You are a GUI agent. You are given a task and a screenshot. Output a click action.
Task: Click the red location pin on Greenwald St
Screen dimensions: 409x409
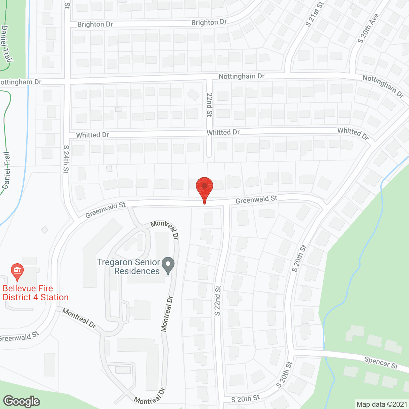click(x=204, y=187)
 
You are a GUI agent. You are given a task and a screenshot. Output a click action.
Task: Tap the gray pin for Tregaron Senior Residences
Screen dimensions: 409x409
click(x=168, y=265)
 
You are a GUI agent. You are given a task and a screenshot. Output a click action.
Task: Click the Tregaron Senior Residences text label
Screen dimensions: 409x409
click(x=128, y=266)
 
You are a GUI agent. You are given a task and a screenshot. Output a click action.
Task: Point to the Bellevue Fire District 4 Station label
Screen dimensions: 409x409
click(x=35, y=293)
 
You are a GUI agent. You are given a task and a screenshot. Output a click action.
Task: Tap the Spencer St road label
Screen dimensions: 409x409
click(x=381, y=363)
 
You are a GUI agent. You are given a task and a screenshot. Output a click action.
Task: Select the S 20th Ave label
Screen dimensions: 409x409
click(x=368, y=28)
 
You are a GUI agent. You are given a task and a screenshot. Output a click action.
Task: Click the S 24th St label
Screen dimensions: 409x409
click(x=66, y=159)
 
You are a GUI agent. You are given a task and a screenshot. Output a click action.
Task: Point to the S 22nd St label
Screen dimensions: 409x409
click(x=218, y=301)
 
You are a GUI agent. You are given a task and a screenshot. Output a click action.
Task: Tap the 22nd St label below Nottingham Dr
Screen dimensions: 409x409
click(x=209, y=104)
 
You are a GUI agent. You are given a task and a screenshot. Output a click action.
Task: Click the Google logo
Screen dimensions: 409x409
click(x=22, y=401)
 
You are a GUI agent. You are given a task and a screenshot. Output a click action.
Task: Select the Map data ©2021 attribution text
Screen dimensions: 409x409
click(x=382, y=404)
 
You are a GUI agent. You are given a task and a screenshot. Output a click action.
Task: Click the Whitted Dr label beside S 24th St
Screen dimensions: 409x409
click(x=93, y=135)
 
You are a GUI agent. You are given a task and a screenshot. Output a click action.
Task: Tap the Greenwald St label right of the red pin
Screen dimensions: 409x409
click(x=256, y=200)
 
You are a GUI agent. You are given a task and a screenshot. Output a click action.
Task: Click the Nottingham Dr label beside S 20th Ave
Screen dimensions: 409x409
click(x=383, y=86)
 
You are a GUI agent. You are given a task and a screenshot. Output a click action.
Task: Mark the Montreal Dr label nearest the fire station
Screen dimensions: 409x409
click(x=79, y=318)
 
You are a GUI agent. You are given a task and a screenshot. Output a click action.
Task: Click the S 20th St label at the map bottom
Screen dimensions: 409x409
click(x=245, y=398)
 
